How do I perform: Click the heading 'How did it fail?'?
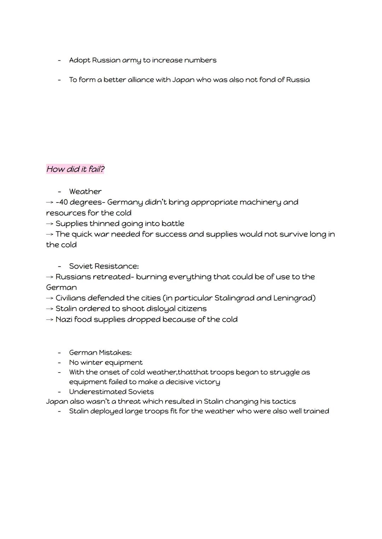[x=75, y=169]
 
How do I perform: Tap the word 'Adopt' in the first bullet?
[x=80, y=60]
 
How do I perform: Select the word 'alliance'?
[x=141, y=80]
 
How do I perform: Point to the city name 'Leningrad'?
[x=294, y=298]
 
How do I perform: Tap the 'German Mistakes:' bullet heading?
[x=100, y=352]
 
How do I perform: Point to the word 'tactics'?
[x=283, y=402]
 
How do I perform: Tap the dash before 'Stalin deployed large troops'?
[x=59, y=411]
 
